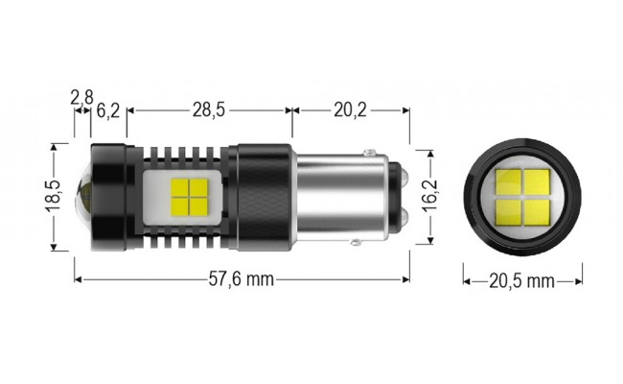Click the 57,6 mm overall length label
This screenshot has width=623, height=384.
242,280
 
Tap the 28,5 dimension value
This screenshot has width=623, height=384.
208,110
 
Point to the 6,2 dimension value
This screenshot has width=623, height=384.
107,110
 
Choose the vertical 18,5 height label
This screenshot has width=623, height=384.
53,197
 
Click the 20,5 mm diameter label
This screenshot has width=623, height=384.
522,281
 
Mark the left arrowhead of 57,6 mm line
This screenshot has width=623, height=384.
78,280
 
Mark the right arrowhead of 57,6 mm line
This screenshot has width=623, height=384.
407,280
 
